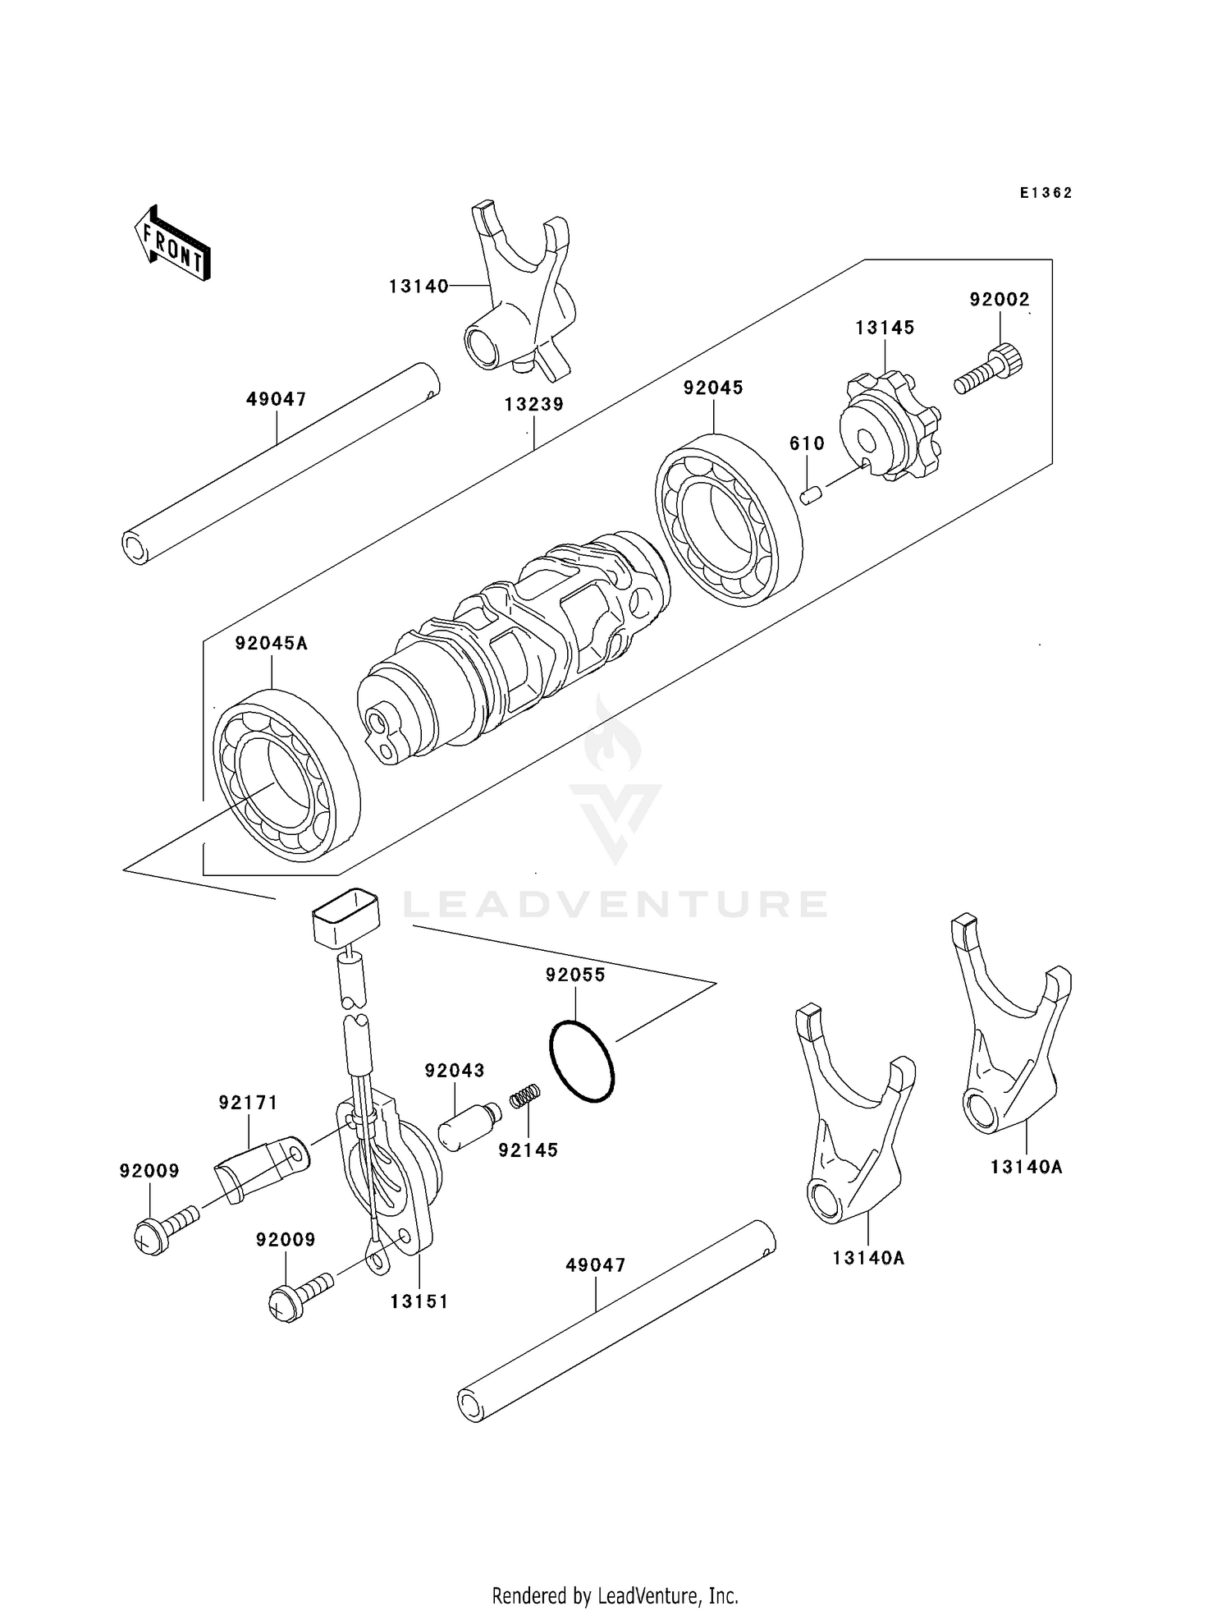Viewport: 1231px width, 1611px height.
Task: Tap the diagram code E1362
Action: click(1046, 193)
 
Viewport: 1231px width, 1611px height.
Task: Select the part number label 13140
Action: click(419, 286)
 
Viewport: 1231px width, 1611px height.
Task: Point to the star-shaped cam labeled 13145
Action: click(889, 427)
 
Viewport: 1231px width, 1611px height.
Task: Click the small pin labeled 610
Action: click(811, 496)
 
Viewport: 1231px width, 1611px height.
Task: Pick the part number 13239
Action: click(533, 405)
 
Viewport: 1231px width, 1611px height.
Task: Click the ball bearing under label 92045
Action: click(727, 518)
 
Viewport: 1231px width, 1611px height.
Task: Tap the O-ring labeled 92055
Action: click(581, 1061)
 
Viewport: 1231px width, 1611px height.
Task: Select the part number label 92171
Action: click(248, 1103)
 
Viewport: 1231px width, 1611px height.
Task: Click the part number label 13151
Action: click(419, 1301)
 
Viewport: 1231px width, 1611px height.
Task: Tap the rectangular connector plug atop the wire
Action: click(346, 917)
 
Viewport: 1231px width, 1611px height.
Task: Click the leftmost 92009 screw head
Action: click(152, 1236)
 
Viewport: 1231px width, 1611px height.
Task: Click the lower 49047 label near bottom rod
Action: click(595, 1265)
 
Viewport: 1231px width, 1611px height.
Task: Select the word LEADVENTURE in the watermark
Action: click(615, 904)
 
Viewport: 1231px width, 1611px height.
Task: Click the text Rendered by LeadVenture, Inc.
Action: click(615, 1595)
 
